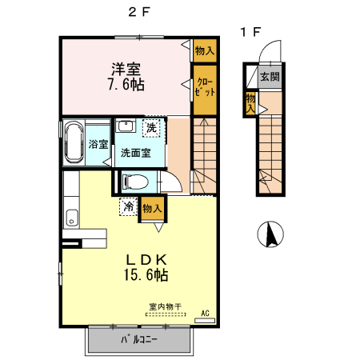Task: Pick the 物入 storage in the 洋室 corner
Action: point(205,50)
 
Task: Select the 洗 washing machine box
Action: point(150,127)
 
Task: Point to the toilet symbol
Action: point(136,182)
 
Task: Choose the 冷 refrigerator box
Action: point(128,206)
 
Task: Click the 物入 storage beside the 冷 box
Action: point(152,208)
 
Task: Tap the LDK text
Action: point(144,260)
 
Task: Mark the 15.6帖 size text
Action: point(144,276)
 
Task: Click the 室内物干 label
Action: point(165,306)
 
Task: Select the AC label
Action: point(204,313)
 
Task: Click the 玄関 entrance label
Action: point(269,78)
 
